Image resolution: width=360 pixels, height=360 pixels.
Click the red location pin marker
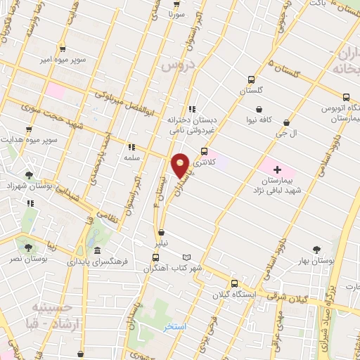click(181, 166)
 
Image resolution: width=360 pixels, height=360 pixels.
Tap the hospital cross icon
click(277, 169)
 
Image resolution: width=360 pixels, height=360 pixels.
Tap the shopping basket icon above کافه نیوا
click(262, 109)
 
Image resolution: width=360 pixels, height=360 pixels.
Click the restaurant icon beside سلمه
click(131, 148)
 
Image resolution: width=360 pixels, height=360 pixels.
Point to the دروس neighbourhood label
click(176, 65)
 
